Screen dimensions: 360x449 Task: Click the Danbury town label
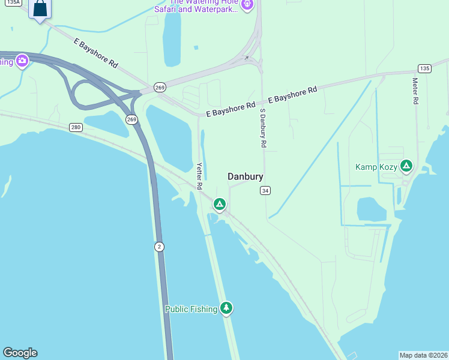(246, 176)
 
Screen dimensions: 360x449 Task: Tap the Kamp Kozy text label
(376, 167)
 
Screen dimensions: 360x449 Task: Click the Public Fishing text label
(191, 309)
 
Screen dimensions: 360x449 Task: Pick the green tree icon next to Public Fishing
(226, 308)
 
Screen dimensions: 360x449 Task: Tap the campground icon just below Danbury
(220, 205)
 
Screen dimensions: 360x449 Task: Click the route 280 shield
(76, 127)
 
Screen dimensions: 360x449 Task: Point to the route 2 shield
(159, 247)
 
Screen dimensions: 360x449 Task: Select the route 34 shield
(265, 191)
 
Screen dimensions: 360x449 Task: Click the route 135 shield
(424, 68)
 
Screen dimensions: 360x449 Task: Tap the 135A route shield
(13, 2)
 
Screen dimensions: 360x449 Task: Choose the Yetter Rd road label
(199, 176)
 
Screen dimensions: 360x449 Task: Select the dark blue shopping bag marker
(40, 9)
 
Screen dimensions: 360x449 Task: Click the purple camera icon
(22, 61)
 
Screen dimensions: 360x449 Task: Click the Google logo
(20, 353)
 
